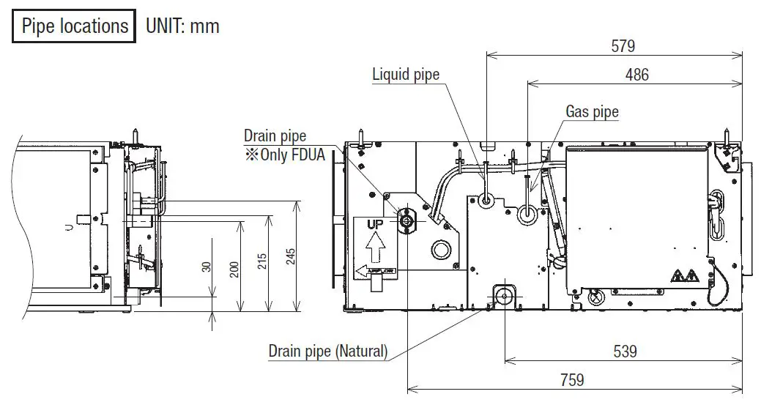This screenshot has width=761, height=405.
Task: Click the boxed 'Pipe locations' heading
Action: tap(74, 26)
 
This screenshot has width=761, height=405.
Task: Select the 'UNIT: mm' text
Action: tap(182, 26)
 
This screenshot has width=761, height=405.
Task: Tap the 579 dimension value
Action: tap(623, 45)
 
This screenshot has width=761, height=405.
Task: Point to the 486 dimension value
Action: tap(636, 74)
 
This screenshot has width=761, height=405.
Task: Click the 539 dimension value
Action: tap(625, 352)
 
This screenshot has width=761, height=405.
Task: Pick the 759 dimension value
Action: tap(572, 379)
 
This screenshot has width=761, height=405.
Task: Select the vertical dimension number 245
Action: tap(291, 256)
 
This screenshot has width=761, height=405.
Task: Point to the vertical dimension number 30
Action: tap(207, 267)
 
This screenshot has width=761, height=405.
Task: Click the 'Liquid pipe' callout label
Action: tap(406, 74)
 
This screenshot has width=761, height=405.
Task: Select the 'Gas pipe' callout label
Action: tap(592, 111)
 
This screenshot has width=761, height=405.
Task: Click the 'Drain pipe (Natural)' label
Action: tap(327, 351)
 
